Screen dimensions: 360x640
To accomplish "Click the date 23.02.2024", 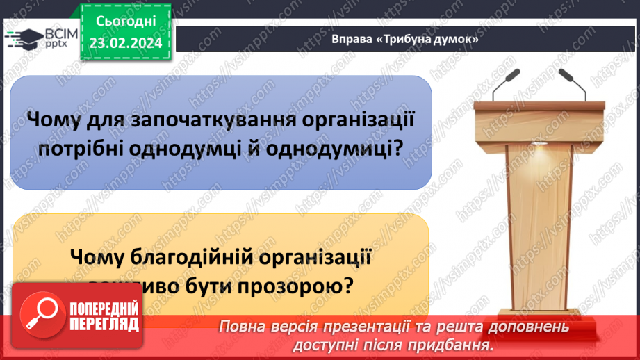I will click(x=124, y=42).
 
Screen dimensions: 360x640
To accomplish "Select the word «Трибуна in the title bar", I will click(x=406, y=40).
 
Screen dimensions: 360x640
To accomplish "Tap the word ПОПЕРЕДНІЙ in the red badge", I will click(x=102, y=309).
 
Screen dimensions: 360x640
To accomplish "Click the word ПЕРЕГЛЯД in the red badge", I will click(x=102, y=324).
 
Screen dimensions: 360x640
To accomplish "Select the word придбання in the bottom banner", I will click(x=457, y=345).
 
